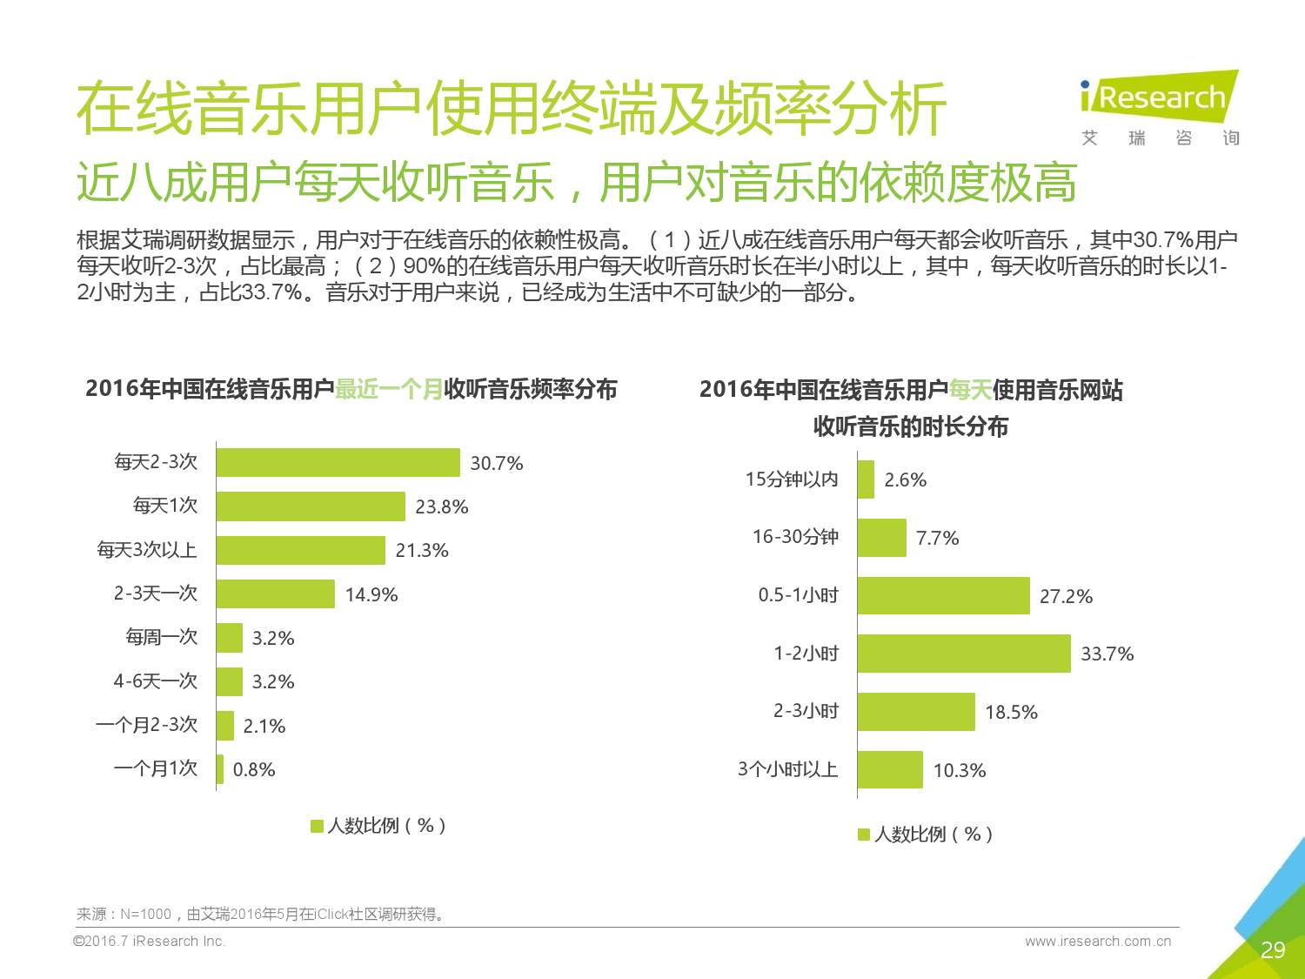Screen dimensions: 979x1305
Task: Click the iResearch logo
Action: [x=1159, y=97]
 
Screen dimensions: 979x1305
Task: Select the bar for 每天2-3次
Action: [x=338, y=463]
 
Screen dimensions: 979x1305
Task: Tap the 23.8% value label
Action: [x=441, y=506]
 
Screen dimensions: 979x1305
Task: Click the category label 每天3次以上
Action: [x=147, y=550]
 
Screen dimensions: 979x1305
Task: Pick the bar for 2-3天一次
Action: [x=275, y=593]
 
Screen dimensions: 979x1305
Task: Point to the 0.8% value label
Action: [x=254, y=769]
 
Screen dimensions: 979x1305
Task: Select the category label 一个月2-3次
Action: [x=147, y=725]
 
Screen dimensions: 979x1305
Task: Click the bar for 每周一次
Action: [x=230, y=638]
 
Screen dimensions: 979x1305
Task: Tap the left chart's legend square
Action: [x=317, y=826]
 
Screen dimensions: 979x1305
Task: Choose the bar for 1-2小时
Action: [x=963, y=654]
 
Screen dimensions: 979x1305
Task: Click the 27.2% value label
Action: [x=1066, y=596]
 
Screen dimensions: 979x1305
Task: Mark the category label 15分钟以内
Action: [x=792, y=479]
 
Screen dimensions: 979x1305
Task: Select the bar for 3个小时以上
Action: [x=890, y=770]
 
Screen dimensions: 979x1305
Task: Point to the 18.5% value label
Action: [x=1011, y=712]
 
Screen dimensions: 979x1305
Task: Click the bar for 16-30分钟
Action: [x=881, y=538]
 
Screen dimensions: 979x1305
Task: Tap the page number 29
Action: [x=1272, y=949]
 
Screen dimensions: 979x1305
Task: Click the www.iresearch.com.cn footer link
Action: [x=1098, y=941]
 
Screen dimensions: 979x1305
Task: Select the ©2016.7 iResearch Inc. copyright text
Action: [x=150, y=941]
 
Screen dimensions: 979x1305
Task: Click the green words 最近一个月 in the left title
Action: [x=389, y=389]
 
